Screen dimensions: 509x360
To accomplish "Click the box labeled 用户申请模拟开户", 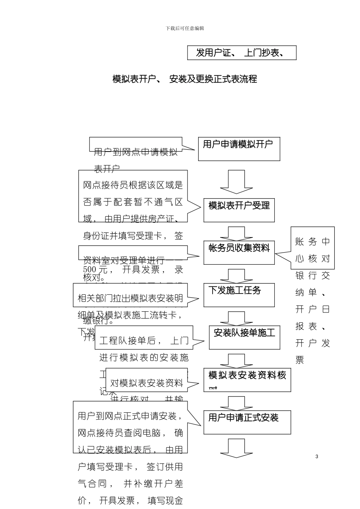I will click(x=239, y=149).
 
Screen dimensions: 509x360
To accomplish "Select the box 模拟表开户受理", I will click(x=239, y=210).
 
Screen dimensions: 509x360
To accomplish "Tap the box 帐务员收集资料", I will click(x=239, y=252).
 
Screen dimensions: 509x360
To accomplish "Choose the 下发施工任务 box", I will click(x=239, y=295).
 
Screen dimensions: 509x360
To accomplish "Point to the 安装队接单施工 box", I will click(x=244, y=337).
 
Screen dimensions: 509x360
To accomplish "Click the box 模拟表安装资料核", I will click(x=247, y=379).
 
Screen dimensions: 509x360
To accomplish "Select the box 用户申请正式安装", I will click(x=247, y=422).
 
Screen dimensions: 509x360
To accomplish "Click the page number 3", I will click(x=317, y=456).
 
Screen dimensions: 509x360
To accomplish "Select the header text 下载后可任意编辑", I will click(x=185, y=28).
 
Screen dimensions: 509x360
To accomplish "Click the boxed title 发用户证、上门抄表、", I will click(x=241, y=53).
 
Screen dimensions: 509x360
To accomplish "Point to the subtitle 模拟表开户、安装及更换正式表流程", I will click(x=185, y=79).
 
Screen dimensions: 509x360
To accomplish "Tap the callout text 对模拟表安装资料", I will click(x=146, y=383).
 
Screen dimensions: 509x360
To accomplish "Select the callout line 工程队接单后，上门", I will click(x=144, y=340).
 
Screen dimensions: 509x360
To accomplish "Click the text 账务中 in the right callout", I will click(x=313, y=241).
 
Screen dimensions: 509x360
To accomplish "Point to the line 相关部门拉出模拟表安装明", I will click(x=130, y=298).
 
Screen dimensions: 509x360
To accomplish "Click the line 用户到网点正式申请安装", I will click(x=130, y=416).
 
